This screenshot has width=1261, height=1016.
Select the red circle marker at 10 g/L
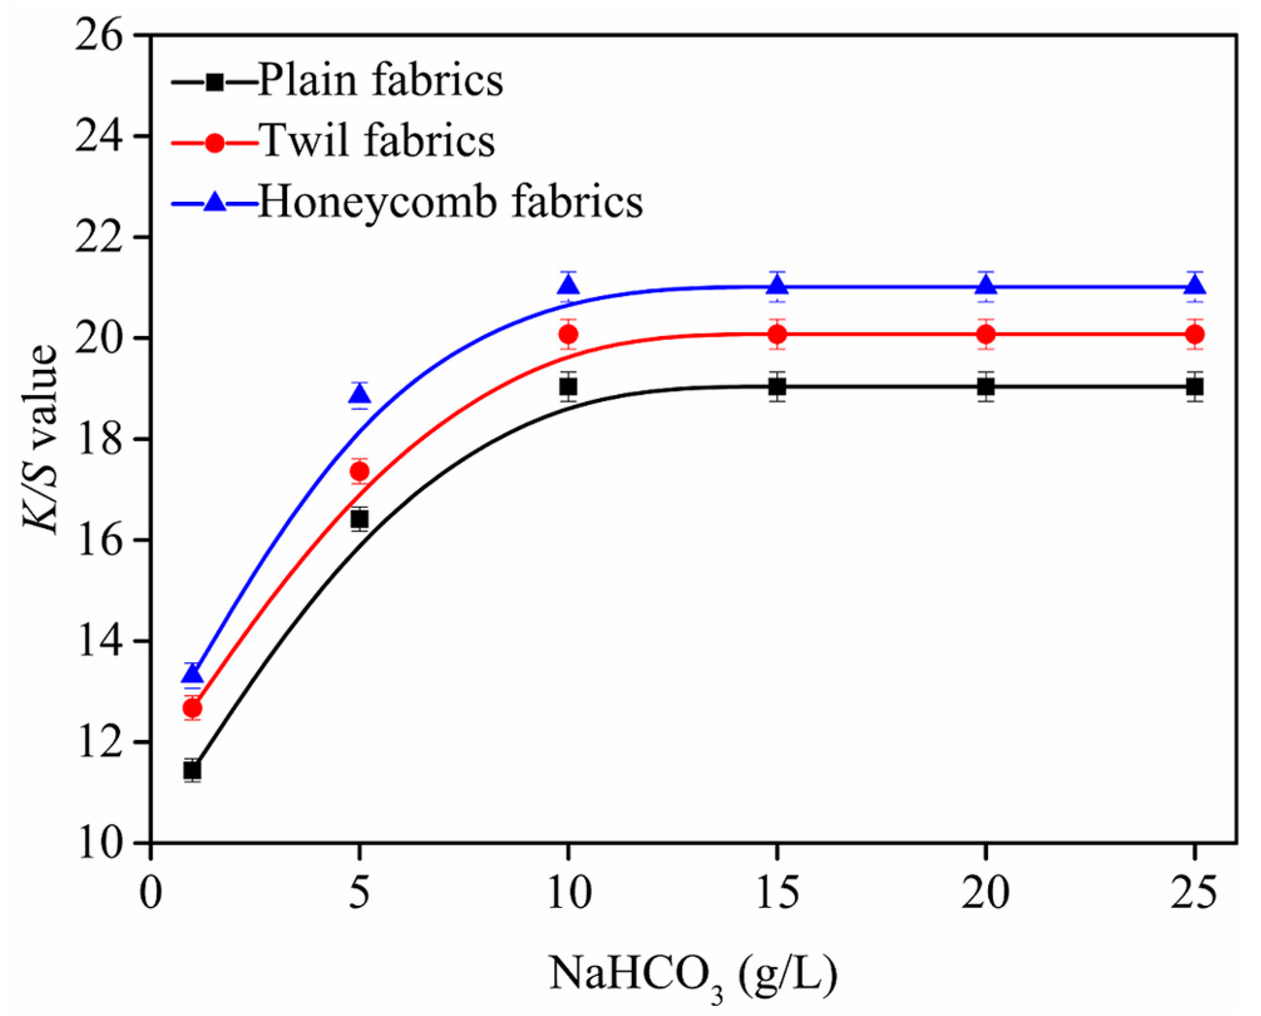tap(568, 335)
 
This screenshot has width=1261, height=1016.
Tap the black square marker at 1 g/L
tap(193, 770)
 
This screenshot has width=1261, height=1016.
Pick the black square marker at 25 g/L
tap(1195, 387)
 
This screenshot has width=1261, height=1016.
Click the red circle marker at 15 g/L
tap(777, 335)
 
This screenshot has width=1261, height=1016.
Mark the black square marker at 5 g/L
tap(359, 519)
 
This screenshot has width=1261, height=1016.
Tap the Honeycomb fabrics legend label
tap(450, 203)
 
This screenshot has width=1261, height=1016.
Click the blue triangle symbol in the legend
tap(215, 203)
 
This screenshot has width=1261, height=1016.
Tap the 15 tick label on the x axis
tap(777, 893)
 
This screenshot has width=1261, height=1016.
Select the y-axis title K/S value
tap(41, 439)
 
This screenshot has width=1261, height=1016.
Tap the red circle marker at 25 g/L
tap(1195, 335)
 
